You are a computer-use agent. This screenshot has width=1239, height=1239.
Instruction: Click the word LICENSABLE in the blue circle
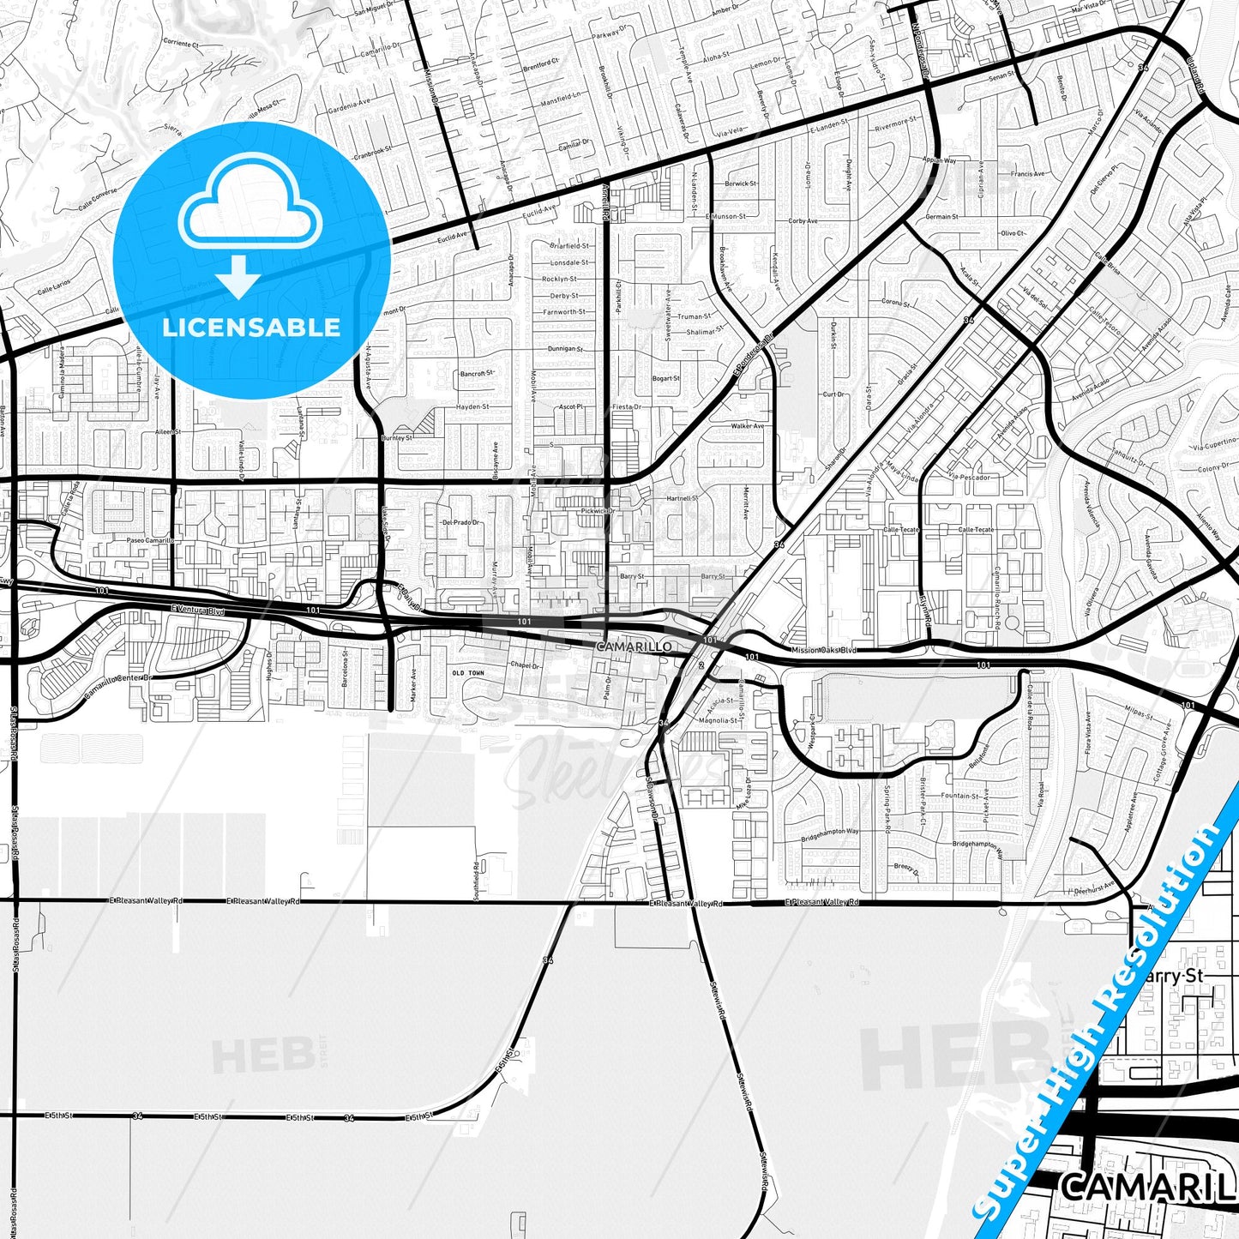[x=251, y=327]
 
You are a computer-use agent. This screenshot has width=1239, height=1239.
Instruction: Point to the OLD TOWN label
[x=468, y=673]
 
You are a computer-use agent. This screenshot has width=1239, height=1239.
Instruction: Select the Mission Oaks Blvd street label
[x=824, y=650]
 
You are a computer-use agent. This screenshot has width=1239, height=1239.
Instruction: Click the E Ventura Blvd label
[x=197, y=610]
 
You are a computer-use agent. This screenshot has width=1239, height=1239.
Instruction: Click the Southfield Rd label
[x=477, y=880]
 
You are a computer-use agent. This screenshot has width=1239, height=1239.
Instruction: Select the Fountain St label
[x=960, y=796]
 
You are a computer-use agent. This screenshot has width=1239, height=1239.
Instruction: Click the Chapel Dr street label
[x=525, y=665]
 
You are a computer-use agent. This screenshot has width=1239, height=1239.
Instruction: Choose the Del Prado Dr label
[x=461, y=522]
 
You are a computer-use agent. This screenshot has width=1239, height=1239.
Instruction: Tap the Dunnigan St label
[x=565, y=349]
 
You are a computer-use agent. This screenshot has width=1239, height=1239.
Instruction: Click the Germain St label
[x=941, y=216]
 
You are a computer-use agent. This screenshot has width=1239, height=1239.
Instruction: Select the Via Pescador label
[x=970, y=477]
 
